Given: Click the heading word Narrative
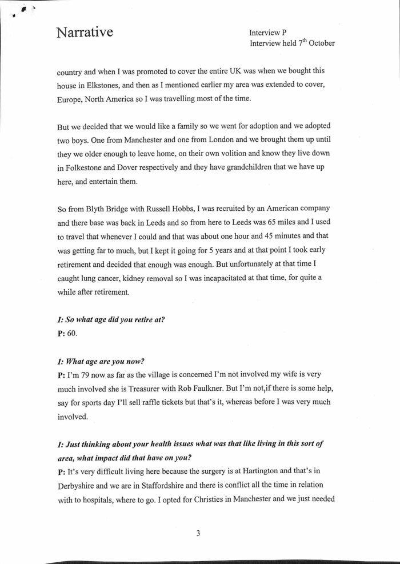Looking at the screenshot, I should pos(85,32).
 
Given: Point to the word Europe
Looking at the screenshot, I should pos(71,99).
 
